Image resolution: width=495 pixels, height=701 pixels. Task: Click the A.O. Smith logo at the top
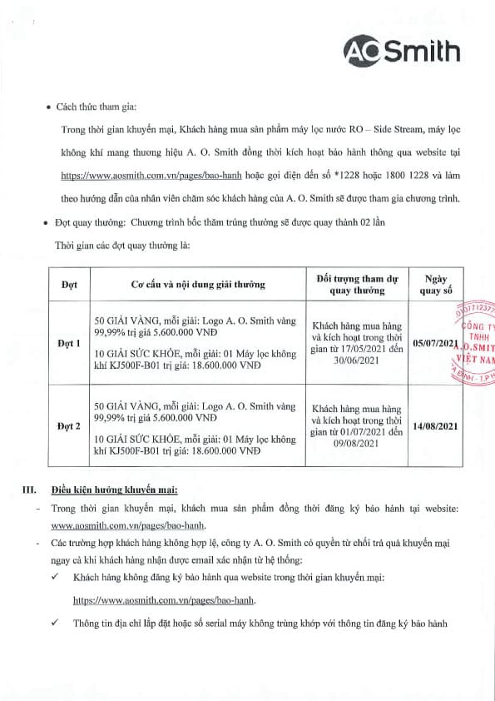(x=403, y=51)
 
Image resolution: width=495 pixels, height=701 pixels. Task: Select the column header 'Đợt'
(x=69, y=284)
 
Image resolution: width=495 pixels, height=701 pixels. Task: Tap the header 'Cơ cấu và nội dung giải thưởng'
(x=198, y=284)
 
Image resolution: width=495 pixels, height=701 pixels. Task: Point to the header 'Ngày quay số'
(x=436, y=284)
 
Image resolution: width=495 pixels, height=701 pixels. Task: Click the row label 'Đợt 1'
(x=69, y=343)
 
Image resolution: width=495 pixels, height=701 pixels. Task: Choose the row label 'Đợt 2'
(x=69, y=426)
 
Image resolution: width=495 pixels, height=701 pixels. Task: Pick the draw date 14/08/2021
(x=436, y=426)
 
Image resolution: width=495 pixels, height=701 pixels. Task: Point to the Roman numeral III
(x=28, y=490)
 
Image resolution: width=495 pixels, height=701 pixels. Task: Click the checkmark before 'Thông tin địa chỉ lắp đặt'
(x=54, y=623)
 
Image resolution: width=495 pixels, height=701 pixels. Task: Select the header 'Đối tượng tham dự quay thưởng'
(x=357, y=284)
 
